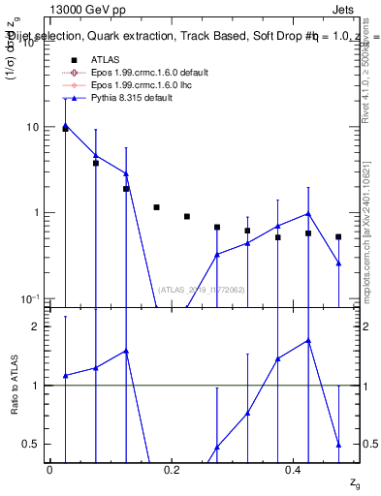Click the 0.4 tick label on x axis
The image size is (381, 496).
point(294,470)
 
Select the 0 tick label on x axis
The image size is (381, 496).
point(49,470)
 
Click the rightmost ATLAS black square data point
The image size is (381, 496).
point(338,236)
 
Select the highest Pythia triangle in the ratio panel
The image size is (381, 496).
point(308,341)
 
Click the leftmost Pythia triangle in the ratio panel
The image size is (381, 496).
point(65,375)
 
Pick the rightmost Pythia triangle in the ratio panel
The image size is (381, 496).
point(338,444)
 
